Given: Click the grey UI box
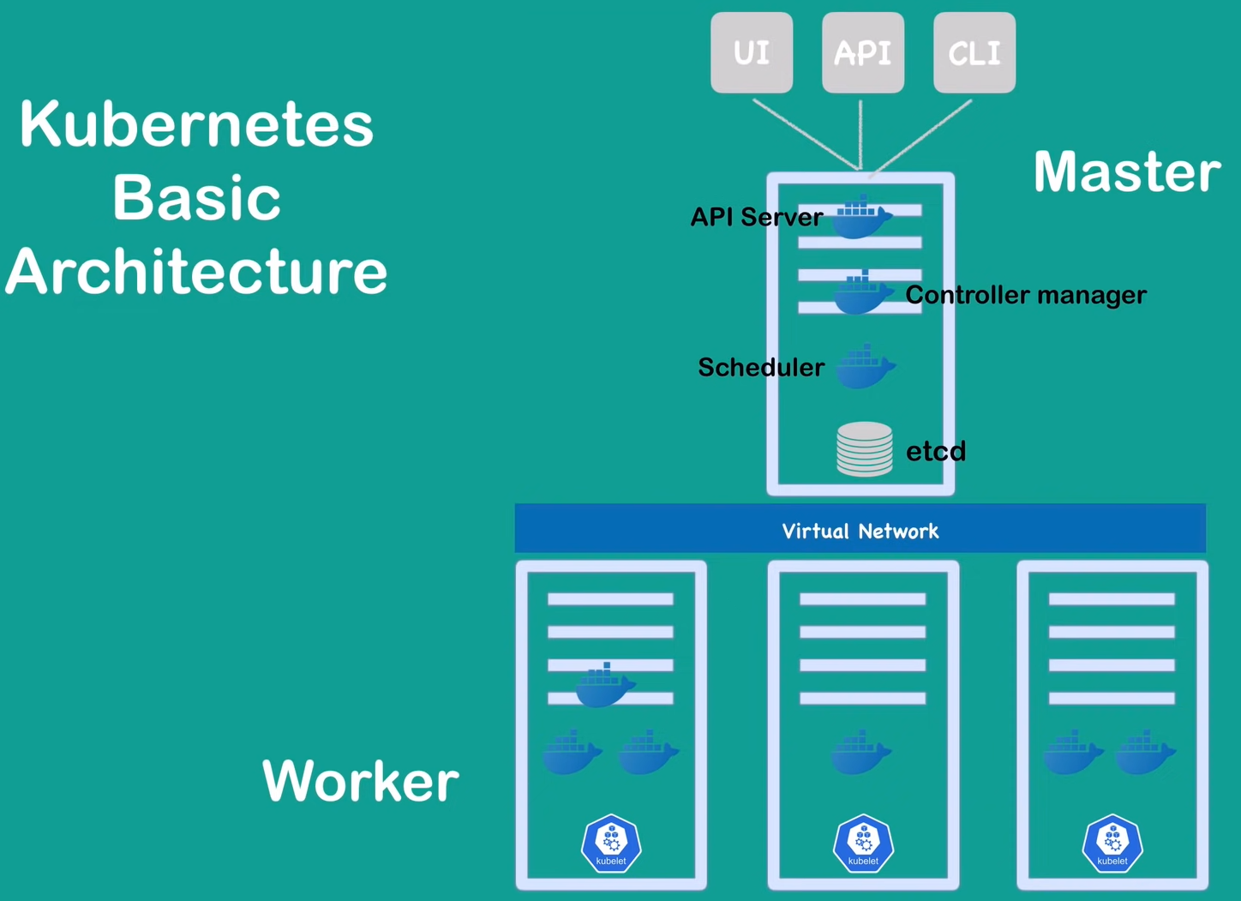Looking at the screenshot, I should coord(752,52).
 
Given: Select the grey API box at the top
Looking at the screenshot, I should coord(862,52).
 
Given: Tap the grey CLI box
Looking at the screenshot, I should coord(974,52).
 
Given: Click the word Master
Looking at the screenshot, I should coord(1126,171).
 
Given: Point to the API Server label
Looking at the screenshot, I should coord(756,217).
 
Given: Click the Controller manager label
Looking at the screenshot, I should coord(1025,295).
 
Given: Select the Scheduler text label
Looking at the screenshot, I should coord(760,367).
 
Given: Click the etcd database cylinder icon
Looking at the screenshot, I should coord(864,448).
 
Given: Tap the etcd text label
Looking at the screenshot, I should coord(935,451).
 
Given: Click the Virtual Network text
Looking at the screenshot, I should coord(860,531).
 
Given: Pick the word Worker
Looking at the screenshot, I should coord(360,780).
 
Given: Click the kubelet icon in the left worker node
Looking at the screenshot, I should coord(611,844).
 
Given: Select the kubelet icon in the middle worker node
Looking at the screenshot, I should coord(863,844).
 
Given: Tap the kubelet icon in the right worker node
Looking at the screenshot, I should coord(1112,844).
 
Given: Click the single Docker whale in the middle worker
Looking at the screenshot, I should coord(860,753).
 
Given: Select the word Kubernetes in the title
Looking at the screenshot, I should coord(196,124).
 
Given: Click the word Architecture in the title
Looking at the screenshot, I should coord(196,271).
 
